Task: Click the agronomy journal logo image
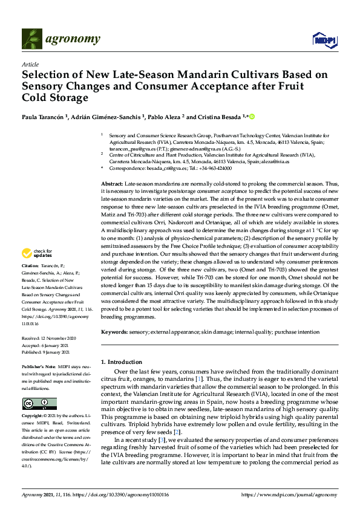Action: (33, 39)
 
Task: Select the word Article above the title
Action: (30, 64)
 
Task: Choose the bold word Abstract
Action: (111, 183)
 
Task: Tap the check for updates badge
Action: (39, 269)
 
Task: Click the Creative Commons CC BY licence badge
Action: (39, 404)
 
